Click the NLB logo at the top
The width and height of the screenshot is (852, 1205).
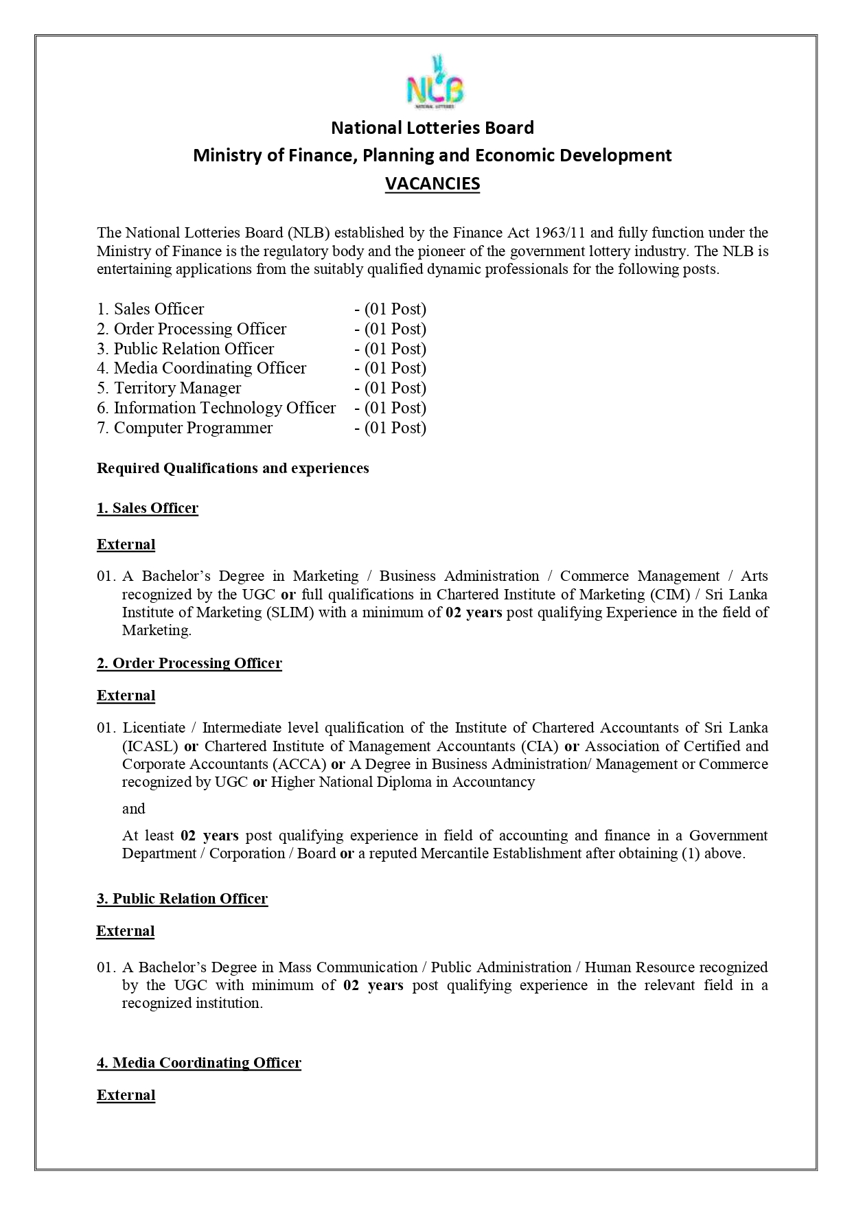pyautogui.click(x=434, y=83)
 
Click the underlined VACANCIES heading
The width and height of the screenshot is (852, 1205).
pyautogui.click(x=432, y=183)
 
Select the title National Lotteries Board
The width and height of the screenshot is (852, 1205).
pyautogui.click(x=432, y=128)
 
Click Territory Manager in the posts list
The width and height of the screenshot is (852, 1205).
pyautogui.click(x=177, y=388)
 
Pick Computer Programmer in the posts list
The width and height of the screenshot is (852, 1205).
pyautogui.click(x=193, y=428)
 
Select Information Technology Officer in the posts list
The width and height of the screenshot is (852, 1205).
pyautogui.click(x=224, y=408)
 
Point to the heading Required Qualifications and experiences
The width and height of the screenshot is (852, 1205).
pyautogui.click(x=233, y=468)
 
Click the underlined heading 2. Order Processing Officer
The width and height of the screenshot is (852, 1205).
pyautogui.click(x=189, y=663)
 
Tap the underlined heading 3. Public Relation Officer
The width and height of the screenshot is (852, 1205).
pyautogui.click(x=182, y=899)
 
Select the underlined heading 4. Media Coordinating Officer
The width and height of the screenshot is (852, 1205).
pyautogui.click(x=198, y=1063)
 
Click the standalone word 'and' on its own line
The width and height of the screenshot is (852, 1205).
pyautogui.click(x=134, y=809)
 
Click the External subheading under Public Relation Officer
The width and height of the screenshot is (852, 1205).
pyautogui.click(x=126, y=931)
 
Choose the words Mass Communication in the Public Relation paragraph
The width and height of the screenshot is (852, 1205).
pyautogui.click(x=347, y=967)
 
